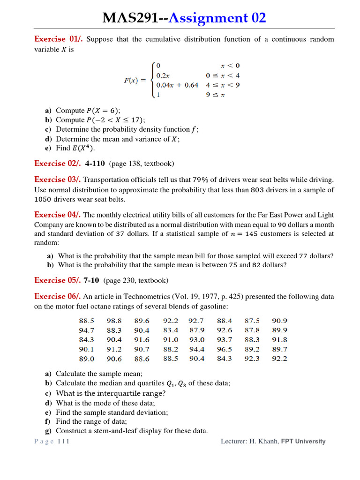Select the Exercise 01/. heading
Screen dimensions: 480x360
click(59, 39)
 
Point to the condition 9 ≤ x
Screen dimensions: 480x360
click(216, 95)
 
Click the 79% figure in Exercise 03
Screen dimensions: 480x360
click(201, 180)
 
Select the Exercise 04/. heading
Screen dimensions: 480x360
click(58, 215)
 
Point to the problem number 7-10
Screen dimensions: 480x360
click(91, 280)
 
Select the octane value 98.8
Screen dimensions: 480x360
click(114, 321)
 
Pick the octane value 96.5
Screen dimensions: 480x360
click(225, 349)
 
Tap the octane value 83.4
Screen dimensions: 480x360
click(171, 330)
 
